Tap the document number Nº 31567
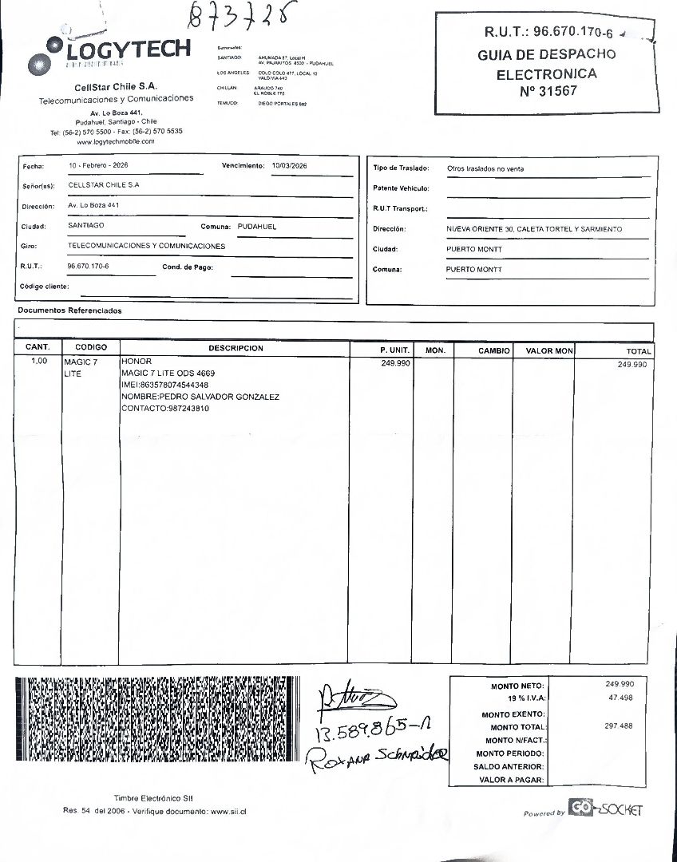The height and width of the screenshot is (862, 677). click(547, 92)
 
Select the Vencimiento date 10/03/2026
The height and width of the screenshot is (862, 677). click(289, 165)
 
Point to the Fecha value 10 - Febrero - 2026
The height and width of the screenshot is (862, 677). click(98, 164)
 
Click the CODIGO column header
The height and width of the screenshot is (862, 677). click(91, 348)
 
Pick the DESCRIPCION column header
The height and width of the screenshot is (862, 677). click(236, 348)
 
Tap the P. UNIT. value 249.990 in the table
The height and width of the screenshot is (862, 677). click(396, 362)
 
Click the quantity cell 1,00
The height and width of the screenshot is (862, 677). click(38, 362)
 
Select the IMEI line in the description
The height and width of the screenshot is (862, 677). click(164, 385)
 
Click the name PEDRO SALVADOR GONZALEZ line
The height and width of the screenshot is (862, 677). click(200, 397)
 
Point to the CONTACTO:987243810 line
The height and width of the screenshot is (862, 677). click(165, 409)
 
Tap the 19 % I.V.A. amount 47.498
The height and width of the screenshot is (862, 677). click(620, 698)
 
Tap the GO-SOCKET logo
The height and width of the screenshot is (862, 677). click(604, 808)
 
